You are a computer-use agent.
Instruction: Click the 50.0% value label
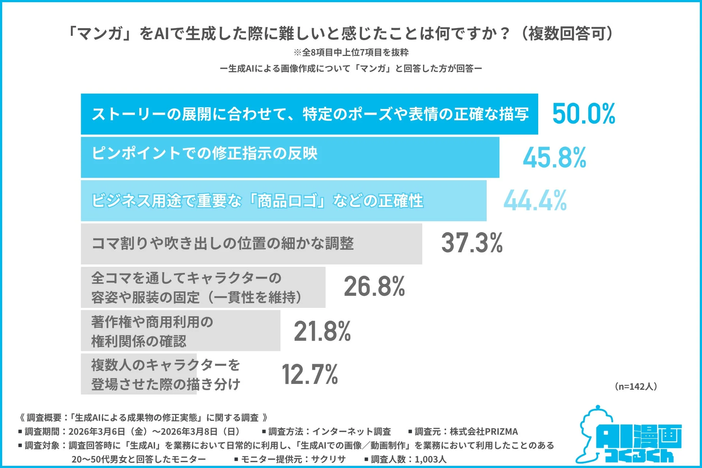click(x=584, y=114)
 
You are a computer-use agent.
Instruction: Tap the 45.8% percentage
click(x=554, y=158)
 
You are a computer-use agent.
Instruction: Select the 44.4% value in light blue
click(x=535, y=201)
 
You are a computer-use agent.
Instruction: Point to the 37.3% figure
click(x=472, y=243)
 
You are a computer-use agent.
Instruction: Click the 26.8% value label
click(x=374, y=286)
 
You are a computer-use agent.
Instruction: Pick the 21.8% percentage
click(x=322, y=331)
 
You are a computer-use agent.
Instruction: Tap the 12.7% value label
click(x=310, y=374)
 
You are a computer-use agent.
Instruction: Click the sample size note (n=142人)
click(x=636, y=386)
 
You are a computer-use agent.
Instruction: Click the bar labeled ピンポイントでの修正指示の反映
click(x=290, y=158)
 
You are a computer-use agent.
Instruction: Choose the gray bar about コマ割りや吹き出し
click(x=251, y=244)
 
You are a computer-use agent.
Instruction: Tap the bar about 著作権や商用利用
click(x=180, y=331)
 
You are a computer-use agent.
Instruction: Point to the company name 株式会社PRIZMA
click(x=483, y=432)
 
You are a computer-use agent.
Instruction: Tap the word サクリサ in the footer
click(x=328, y=459)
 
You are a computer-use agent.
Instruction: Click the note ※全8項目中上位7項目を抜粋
click(x=351, y=53)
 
